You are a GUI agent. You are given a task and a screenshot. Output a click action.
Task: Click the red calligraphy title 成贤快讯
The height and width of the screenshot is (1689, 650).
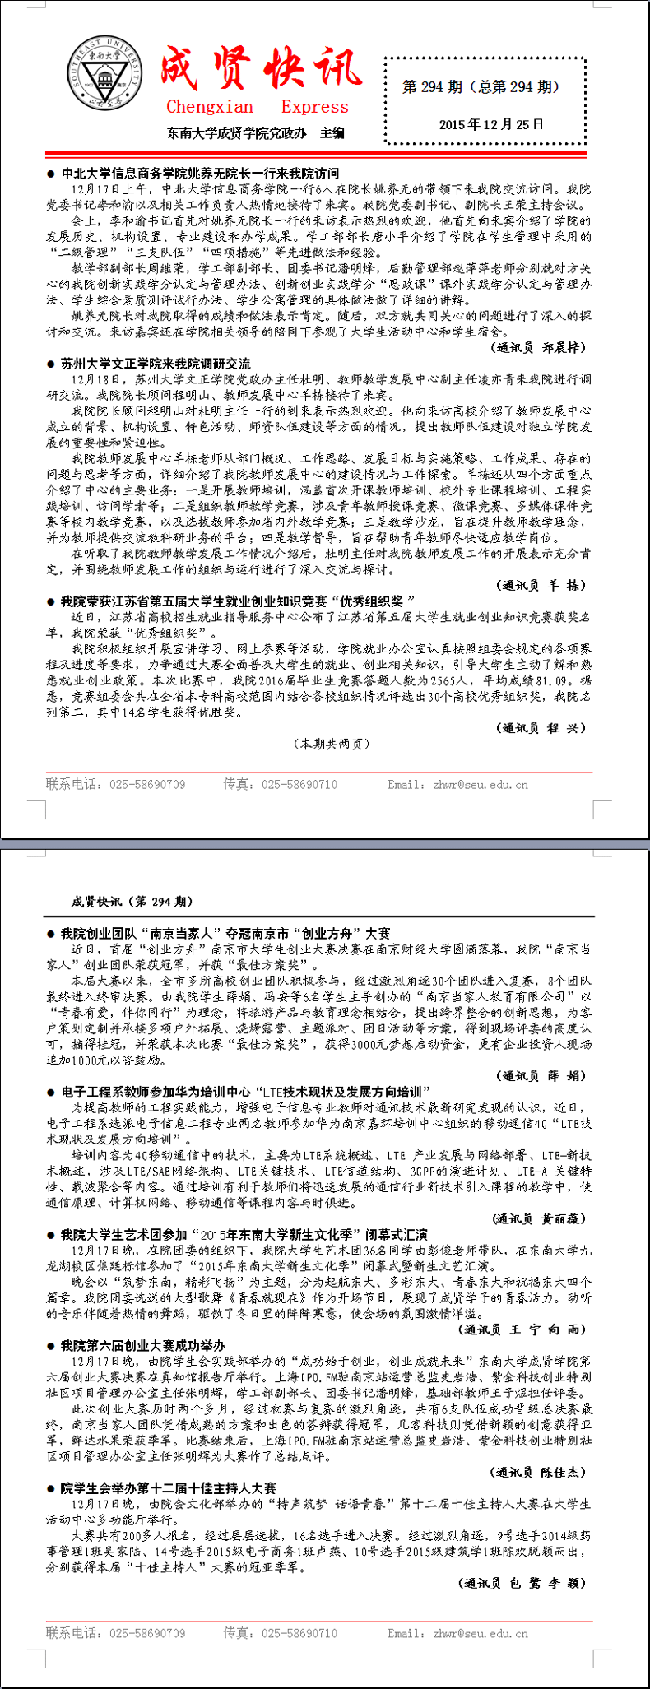(260, 69)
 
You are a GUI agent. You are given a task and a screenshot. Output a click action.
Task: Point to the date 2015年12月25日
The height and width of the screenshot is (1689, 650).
(491, 124)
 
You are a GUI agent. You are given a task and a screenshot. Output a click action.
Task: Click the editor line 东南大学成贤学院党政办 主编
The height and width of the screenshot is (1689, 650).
(255, 132)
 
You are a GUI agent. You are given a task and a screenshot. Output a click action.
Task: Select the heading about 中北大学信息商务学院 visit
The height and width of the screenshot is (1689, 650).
(200, 174)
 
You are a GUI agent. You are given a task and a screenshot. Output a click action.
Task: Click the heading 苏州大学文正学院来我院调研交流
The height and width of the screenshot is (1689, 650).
(156, 364)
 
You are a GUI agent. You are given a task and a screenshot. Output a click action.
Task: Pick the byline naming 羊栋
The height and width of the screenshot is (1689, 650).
(543, 585)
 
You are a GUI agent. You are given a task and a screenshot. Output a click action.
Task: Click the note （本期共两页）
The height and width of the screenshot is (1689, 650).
(332, 744)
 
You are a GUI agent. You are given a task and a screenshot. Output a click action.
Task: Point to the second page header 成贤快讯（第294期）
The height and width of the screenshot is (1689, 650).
(132, 902)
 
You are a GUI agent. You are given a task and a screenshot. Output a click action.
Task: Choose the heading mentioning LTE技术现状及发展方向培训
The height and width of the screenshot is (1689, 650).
(246, 1092)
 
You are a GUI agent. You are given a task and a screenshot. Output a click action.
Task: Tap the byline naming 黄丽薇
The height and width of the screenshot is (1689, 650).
(540, 1218)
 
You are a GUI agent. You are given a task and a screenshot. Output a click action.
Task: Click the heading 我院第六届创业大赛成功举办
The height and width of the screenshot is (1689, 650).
(143, 1346)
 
